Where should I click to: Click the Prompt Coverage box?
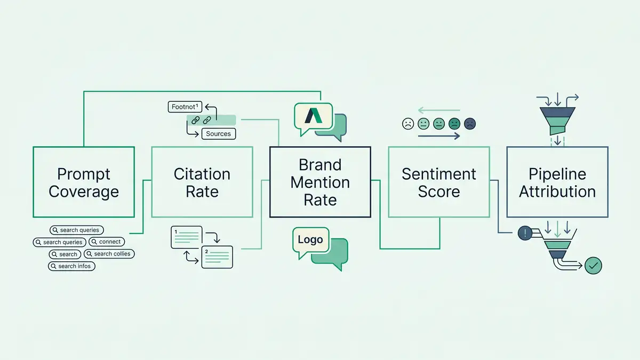(84, 182)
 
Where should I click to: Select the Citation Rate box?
(202, 182)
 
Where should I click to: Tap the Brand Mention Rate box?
(320, 182)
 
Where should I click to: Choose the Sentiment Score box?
(438, 182)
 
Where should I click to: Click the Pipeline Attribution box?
(557, 182)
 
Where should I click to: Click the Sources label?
(218, 134)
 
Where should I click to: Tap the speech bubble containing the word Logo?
(310, 240)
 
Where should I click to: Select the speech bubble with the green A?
(313, 116)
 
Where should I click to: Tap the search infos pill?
(71, 266)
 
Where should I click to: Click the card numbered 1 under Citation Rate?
(186, 237)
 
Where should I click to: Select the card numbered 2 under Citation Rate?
(217, 257)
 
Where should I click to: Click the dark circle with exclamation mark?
(525, 233)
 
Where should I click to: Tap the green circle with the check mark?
(593, 265)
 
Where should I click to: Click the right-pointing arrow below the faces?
(439, 137)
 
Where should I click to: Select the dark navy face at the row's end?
(470, 124)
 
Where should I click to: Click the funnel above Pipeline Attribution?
(557, 118)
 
